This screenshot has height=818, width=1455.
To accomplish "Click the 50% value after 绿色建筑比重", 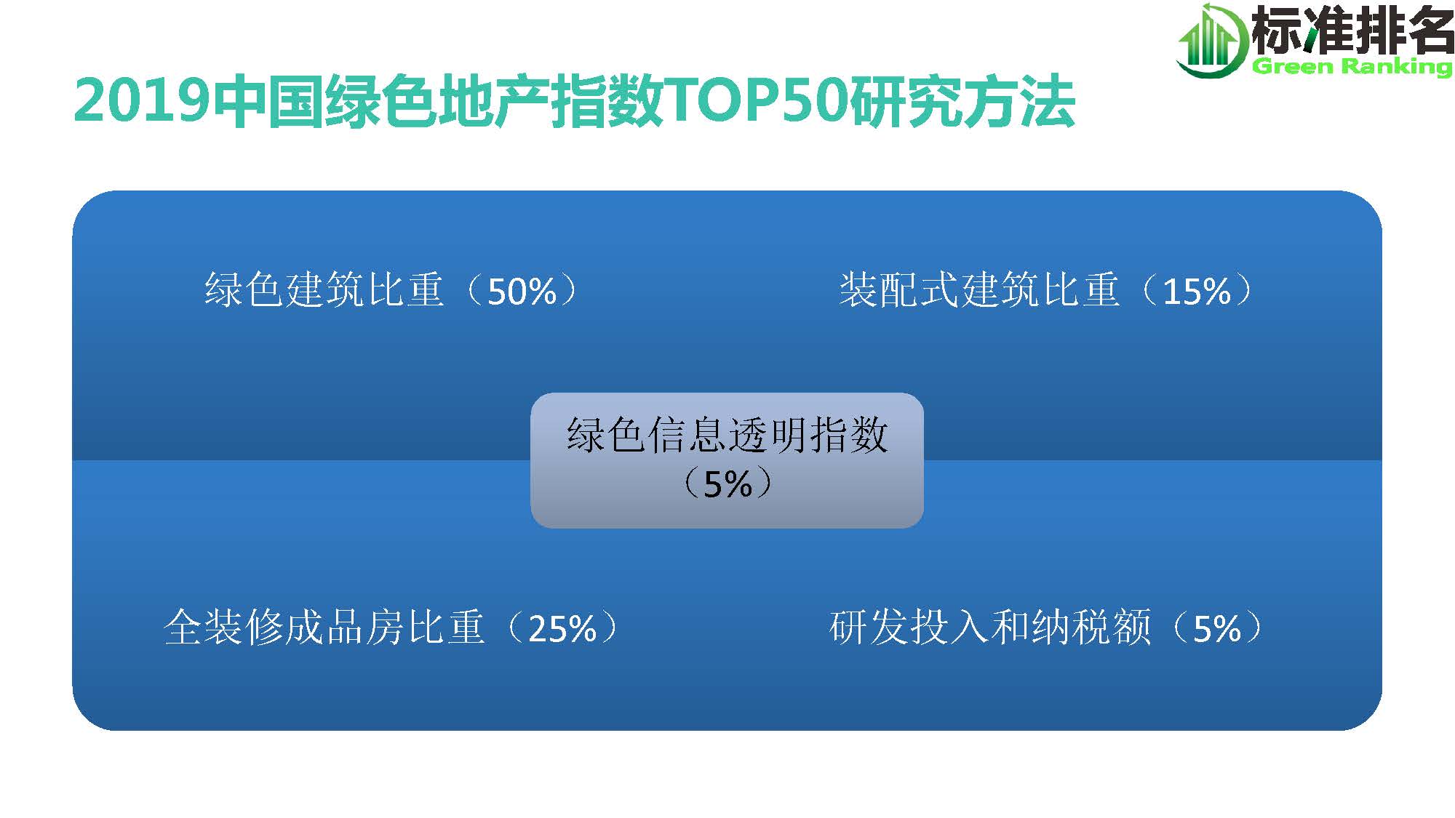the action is pyautogui.click(x=522, y=292).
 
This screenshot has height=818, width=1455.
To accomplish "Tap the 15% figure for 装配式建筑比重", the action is pyautogui.click(x=1197, y=292).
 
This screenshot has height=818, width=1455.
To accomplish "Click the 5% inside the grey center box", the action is pyautogui.click(x=727, y=484).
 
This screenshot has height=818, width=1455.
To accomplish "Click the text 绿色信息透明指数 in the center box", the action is pyautogui.click(x=727, y=435).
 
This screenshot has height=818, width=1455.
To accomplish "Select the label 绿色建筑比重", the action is pyautogui.click(x=324, y=290).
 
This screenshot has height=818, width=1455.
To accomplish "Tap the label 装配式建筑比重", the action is pyautogui.click(x=979, y=290).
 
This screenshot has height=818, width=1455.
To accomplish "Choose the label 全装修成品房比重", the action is pyautogui.click(x=324, y=627).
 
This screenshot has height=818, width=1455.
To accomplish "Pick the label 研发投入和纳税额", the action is pyautogui.click(x=990, y=627).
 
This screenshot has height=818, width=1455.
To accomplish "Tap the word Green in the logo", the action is pyautogui.click(x=1293, y=67).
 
